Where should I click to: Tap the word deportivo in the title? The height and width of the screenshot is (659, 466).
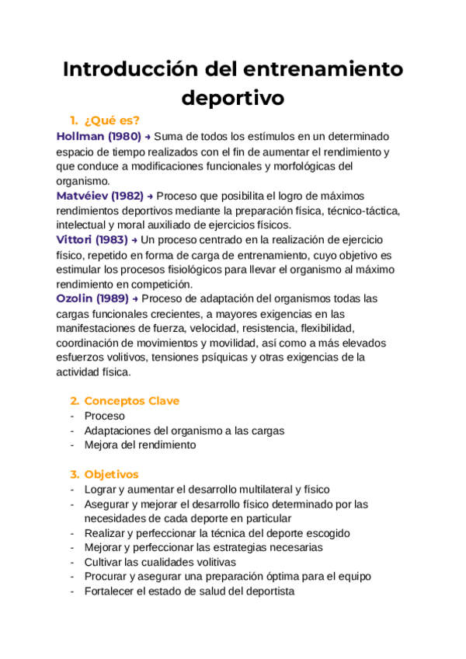coord(233,99)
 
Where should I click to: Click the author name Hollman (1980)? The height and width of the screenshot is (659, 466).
coord(99,136)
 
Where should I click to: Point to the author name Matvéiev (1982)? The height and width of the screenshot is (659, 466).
coord(100,196)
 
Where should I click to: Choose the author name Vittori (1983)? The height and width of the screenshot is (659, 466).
coord(92,240)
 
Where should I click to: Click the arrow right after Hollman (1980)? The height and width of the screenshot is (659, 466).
coord(148,136)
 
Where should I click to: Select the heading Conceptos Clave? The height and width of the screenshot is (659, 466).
coord(131,401)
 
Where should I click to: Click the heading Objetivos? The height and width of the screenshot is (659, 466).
coord(111,474)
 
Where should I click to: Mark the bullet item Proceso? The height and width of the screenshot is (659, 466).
coord(104,416)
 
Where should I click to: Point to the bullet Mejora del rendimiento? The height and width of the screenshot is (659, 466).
coord(140,445)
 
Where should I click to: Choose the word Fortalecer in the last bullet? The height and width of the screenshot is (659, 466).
coord(112,591)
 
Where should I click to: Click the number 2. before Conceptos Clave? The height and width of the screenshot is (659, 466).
coord(75,401)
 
